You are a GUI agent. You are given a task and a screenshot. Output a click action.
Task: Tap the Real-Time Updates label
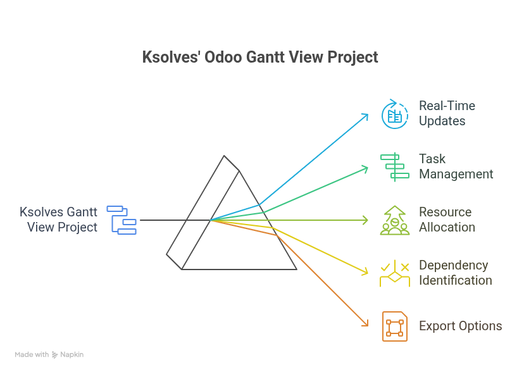coord(446,113)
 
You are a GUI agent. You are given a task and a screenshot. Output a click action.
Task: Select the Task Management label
coord(456,166)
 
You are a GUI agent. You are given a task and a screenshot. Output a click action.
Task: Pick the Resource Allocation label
coord(446,220)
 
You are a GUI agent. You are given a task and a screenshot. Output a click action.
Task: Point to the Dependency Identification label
coord(454,273)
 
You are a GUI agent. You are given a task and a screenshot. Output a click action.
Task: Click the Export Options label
coord(460,326)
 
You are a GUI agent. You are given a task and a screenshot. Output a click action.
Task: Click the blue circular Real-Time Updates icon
coord(394,114)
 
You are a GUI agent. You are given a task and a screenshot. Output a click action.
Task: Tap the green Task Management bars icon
coord(394,166)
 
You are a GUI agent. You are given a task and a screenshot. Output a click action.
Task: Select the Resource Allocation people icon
coord(394,220)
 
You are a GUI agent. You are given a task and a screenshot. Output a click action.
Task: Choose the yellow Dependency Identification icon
coord(394,273)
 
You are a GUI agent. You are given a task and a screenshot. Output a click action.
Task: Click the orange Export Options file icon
coord(394,326)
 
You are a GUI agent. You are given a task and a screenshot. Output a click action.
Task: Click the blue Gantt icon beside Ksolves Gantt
coord(122,220)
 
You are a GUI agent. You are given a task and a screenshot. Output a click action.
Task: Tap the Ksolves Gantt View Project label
coord(59,220)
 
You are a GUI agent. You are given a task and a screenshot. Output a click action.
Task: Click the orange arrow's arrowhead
coord(366,324)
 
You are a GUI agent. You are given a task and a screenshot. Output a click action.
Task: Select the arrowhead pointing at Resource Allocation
coord(366,220)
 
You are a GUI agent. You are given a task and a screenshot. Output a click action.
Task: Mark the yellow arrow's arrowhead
coord(366,272)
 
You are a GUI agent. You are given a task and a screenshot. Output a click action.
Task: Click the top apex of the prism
coord(225,156)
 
